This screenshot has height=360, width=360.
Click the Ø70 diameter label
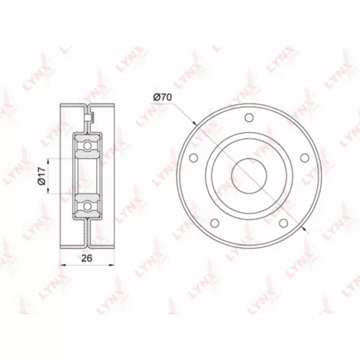click(162, 97)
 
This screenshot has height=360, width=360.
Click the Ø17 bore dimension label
click(42, 176)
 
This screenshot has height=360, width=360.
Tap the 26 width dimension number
click(87, 258)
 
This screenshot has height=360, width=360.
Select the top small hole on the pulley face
click(249, 117)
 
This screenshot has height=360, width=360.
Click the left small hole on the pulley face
click(194, 158)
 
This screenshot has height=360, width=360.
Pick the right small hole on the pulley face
click(304, 158)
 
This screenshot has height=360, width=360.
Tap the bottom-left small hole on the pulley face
click(215, 222)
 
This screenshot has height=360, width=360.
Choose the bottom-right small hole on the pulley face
click(284, 222)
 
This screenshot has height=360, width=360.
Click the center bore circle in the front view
click(249, 176)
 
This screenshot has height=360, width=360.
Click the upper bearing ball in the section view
click(87, 145)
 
